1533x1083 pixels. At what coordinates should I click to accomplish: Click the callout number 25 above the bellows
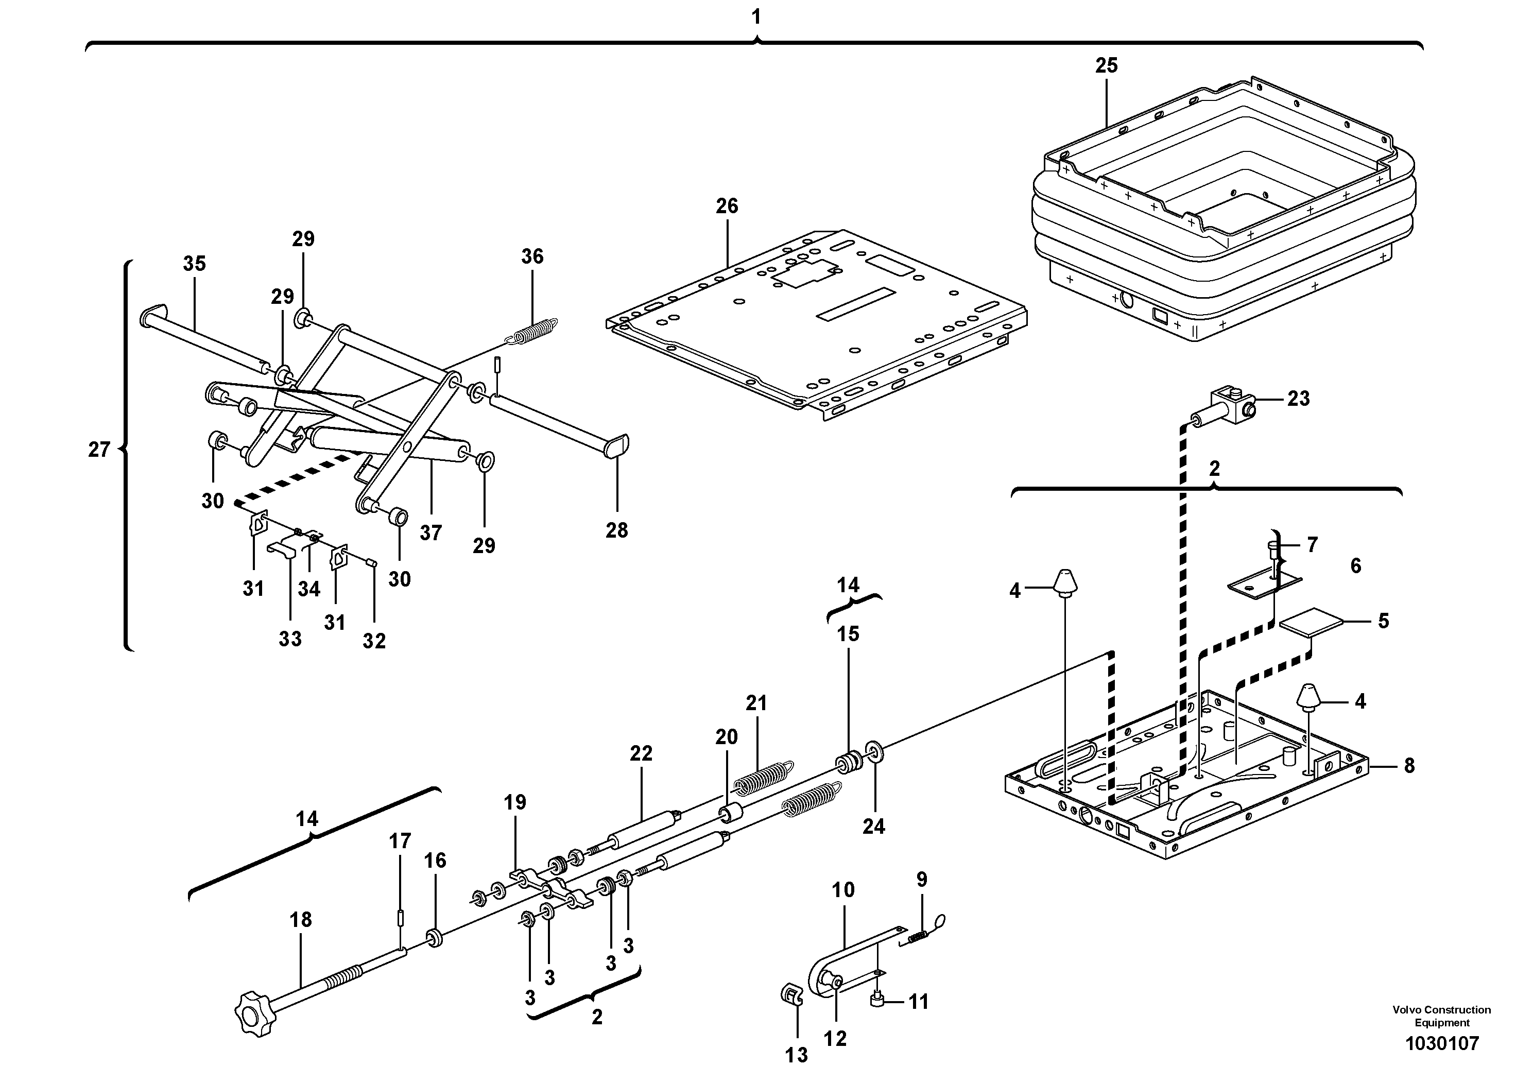tap(1106, 65)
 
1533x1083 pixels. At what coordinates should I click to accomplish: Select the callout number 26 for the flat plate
tap(727, 207)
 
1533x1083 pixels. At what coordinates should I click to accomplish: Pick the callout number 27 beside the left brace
tap(98, 450)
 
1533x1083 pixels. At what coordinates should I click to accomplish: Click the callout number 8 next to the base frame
tap(1409, 766)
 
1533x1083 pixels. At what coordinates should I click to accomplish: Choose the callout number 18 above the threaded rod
tap(300, 920)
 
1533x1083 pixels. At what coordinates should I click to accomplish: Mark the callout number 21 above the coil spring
tap(756, 703)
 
